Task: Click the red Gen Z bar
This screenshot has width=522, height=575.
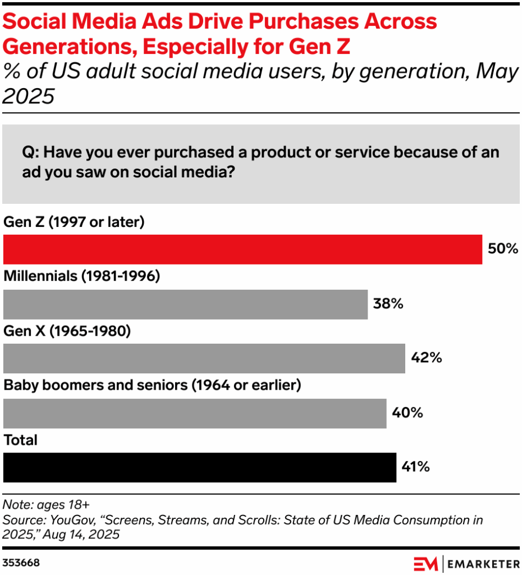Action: click(242, 249)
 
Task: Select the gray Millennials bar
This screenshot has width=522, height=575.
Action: click(185, 304)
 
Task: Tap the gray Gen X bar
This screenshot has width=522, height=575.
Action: click(204, 359)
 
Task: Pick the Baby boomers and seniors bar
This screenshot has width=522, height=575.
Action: click(195, 413)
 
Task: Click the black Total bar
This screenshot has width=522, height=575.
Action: click(199, 468)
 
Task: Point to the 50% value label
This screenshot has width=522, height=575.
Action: click(502, 249)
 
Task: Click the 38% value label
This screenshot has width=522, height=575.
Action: click(388, 304)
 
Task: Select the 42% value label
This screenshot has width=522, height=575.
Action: click(426, 358)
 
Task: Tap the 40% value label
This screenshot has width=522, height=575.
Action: click(407, 413)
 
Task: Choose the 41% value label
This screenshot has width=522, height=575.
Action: click(416, 467)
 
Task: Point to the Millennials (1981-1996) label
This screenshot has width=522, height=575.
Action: click(83, 277)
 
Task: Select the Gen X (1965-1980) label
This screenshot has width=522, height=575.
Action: click(67, 331)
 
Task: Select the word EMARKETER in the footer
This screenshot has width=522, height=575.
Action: click(483, 563)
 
